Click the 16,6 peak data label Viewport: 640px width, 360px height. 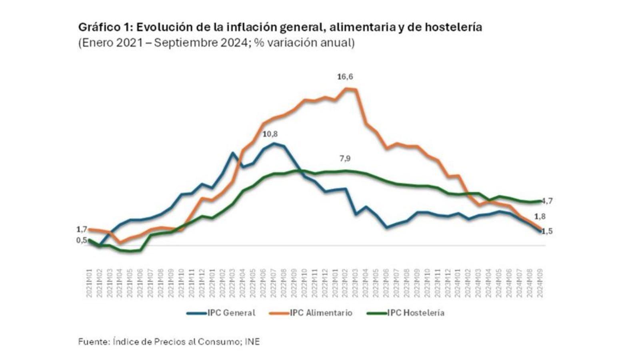[345, 77]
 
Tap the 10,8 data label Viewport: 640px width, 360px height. [270, 134]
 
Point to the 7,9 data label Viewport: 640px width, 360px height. [345, 159]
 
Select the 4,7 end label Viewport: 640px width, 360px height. [547, 201]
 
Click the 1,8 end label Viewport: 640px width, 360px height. [540, 217]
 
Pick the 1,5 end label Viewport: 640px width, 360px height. [547, 231]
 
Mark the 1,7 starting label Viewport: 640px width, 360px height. [82, 230]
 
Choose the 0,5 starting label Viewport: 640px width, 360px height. [81, 240]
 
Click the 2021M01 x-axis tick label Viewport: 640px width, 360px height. [89, 283]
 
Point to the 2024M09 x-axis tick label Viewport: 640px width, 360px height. [540, 283]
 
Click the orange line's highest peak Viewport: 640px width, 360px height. [346, 88]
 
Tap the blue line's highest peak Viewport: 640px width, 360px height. [274, 143]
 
